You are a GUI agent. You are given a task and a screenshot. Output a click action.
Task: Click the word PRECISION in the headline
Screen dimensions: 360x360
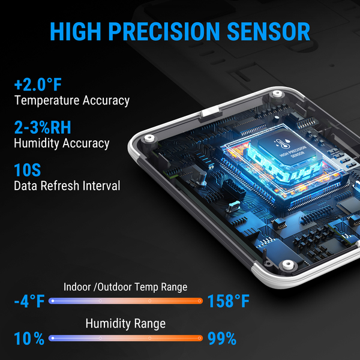[164, 31]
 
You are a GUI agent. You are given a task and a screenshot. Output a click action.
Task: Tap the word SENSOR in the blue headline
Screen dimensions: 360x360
[268, 31]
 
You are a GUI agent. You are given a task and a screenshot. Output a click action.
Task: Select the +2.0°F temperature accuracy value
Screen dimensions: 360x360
[38, 85]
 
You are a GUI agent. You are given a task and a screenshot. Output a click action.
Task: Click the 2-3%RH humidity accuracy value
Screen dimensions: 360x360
[43, 127]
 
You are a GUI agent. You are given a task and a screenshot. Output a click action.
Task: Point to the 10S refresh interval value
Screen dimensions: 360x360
[28, 170]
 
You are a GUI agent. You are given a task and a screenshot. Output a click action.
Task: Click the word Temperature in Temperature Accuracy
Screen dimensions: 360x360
[47, 100]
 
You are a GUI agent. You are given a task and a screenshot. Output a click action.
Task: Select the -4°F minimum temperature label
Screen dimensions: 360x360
[29, 301]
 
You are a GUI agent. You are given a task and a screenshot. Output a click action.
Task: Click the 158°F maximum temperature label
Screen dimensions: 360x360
[229, 301]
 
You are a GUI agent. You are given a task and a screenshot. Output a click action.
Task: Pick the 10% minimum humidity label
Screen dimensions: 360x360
[29, 338]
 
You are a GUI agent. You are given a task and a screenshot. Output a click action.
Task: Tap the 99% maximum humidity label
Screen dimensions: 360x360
[222, 338]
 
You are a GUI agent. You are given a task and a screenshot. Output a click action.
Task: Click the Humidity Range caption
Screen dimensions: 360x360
[125, 324]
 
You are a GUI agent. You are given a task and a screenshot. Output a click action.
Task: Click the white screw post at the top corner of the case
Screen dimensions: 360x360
[277, 94]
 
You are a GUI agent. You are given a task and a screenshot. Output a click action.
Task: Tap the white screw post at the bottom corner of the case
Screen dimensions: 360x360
[288, 265]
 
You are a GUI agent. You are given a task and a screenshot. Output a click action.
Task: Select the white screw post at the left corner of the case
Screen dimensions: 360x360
[149, 139]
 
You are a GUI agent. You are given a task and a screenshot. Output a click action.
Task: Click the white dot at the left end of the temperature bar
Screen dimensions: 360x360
[53, 301]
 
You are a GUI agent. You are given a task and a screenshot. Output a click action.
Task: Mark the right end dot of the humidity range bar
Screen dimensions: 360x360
[199, 338]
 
